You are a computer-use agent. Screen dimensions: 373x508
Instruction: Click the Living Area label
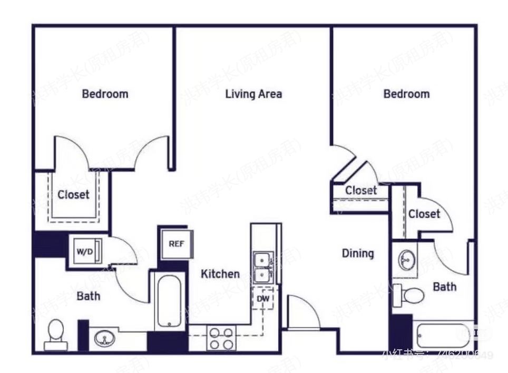253,94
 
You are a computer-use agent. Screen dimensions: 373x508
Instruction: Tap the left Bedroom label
105,94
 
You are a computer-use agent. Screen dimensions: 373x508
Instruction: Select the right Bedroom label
406,94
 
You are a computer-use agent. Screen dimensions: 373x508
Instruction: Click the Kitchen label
220,274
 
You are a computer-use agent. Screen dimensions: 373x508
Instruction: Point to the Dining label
358,253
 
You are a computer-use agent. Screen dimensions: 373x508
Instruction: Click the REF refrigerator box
175,244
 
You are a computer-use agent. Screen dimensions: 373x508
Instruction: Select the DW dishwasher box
263,299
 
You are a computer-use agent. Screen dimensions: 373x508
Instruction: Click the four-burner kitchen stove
221,338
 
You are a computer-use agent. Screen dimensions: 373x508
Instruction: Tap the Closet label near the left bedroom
73,194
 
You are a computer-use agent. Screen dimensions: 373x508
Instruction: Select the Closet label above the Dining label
361,190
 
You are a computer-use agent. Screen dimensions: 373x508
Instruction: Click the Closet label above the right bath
424,214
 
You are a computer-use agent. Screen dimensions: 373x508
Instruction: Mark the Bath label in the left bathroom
89,296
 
